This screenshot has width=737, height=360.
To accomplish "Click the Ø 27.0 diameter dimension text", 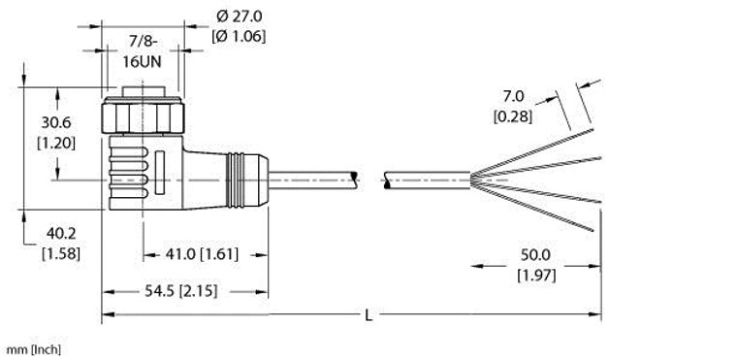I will pos(239,16).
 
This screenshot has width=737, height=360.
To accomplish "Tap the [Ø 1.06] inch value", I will pos(239,37).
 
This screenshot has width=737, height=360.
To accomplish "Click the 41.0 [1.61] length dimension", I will pos(205,254).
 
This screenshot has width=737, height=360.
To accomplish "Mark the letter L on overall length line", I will pos(368,314).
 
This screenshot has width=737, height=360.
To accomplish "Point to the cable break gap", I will pos(371,179).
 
